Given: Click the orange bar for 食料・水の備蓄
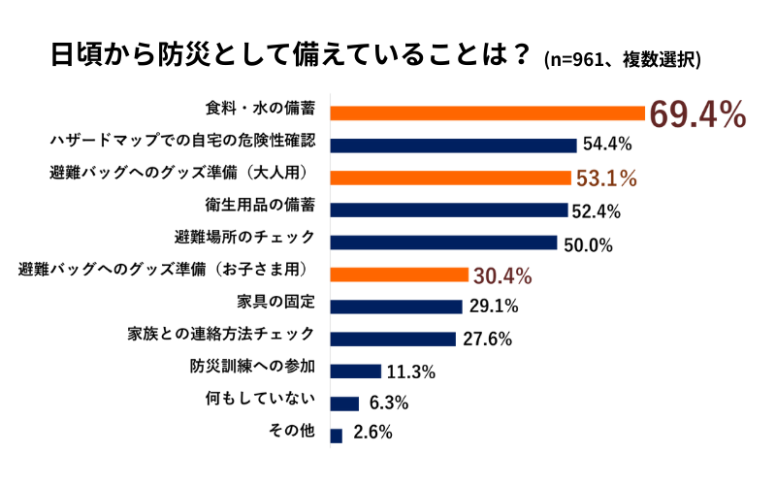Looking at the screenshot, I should (488, 113).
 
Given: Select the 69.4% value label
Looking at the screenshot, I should (696, 113).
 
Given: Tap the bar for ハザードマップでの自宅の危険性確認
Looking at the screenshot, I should (454, 145).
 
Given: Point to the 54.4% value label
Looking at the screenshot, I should (608, 145).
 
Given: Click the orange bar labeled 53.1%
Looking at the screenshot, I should (450, 178).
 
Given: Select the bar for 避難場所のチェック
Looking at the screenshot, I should (444, 242).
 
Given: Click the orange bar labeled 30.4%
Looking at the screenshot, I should (400, 275).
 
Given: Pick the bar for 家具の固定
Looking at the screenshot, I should (397, 307).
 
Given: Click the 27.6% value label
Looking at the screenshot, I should (487, 339).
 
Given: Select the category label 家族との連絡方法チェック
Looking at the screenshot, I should (220, 335).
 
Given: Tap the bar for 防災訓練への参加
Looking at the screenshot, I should (356, 371).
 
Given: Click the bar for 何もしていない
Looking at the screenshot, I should (345, 404).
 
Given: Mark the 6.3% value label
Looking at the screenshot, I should (389, 404).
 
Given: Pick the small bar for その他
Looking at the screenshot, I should (337, 436).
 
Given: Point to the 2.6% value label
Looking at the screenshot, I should (372, 434).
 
